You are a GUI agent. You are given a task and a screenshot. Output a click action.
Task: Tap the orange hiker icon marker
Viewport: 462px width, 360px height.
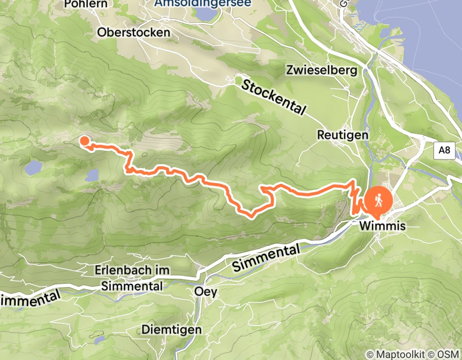(x=379, y=200)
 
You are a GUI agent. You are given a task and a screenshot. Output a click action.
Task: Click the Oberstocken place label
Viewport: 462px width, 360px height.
(x=134, y=32)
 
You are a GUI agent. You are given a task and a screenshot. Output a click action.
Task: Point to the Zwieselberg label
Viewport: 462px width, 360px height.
(x=323, y=71)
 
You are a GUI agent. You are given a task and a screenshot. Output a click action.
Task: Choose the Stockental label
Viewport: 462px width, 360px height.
(x=273, y=97)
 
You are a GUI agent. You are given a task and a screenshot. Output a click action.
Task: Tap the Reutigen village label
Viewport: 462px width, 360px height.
(x=343, y=135)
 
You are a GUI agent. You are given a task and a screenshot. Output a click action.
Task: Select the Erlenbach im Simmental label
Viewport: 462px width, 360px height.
(x=132, y=278)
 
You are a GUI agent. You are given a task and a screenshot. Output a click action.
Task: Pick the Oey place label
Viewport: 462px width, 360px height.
(x=206, y=292)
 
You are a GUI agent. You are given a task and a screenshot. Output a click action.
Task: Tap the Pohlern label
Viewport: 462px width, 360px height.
(x=86, y=4)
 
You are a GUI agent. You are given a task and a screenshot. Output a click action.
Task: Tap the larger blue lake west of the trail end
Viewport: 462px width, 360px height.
(x=33, y=167)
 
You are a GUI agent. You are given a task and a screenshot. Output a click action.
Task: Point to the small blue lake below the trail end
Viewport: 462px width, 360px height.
(x=92, y=175)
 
